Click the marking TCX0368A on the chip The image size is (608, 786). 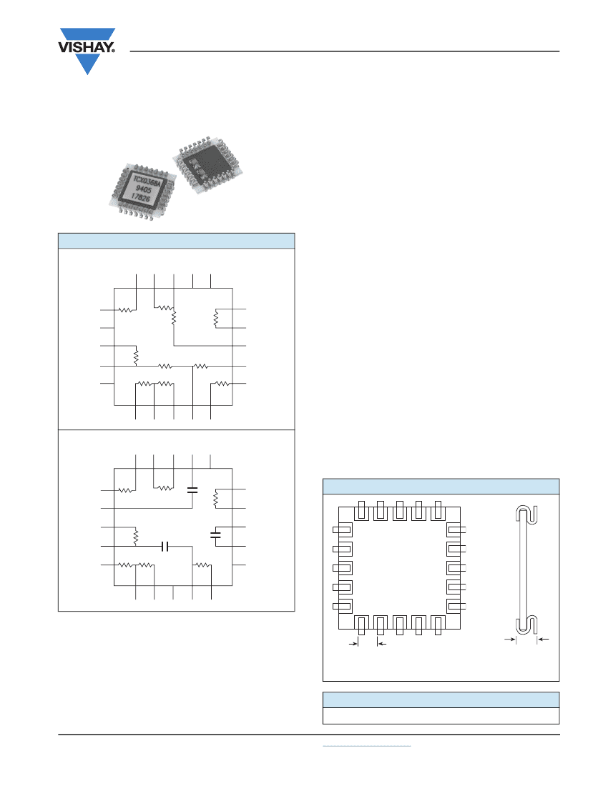149,176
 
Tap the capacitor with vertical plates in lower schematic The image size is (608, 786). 165,546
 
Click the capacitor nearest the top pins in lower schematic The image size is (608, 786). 191,489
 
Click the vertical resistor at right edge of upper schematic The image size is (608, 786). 215,319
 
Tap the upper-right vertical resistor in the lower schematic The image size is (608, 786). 215,499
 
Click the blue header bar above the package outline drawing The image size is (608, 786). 441,486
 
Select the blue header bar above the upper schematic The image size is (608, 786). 176,240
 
